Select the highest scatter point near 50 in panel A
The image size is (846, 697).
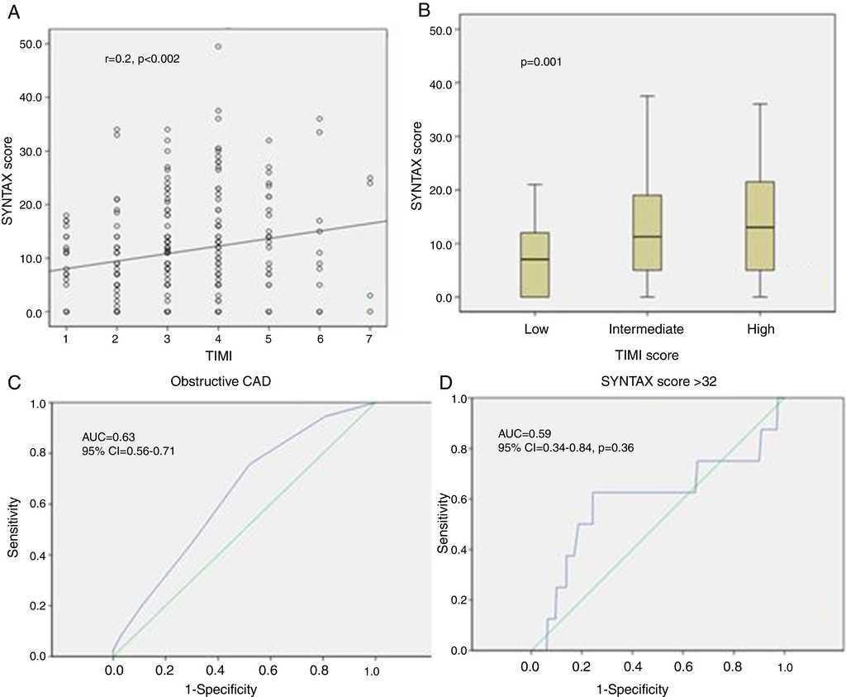pos(217,46)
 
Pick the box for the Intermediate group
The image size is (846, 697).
pos(645,232)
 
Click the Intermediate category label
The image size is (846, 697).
pos(646,329)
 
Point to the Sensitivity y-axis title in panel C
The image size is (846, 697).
pos(14,526)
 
